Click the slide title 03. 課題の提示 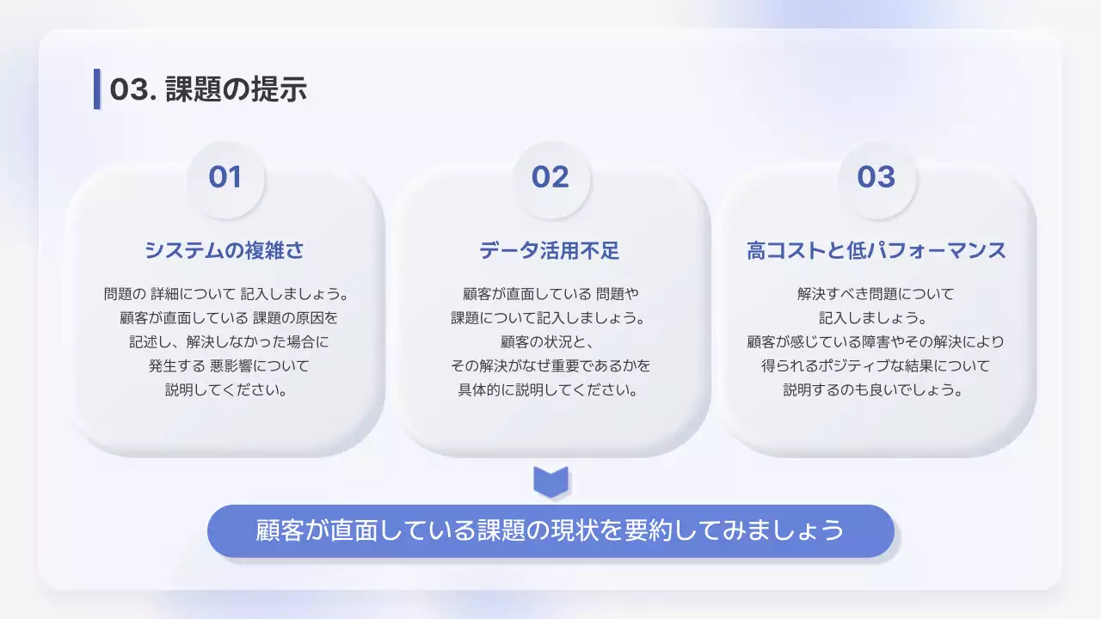pyautogui.click(x=208, y=89)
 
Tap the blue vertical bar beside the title pyautogui.click(x=97, y=89)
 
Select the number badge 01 pyautogui.click(x=225, y=177)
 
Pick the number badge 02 pyautogui.click(x=550, y=177)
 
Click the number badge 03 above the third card pyautogui.click(x=876, y=177)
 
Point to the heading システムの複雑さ pyautogui.click(x=225, y=250)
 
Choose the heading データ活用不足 pyautogui.click(x=550, y=250)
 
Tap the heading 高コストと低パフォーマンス pyautogui.click(x=876, y=250)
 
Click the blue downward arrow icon pyautogui.click(x=550, y=481)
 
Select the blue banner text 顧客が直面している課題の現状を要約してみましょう pyautogui.click(x=550, y=530)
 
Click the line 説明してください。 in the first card pyautogui.click(x=225, y=389)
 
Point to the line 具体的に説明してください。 pyautogui.click(x=550, y=389)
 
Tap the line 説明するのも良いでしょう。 pyautogui.click(x=876, y=389)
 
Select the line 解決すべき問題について pyautogui.click(x=876, y=293)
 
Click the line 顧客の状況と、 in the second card pyautogui.click(x=550, y=341)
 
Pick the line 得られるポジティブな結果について pyautogui.click(x=876, y=365)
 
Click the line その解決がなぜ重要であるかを pyautogui.click(x=550, y=365)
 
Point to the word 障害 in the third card pyautogui.click(x=870, y=341)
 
